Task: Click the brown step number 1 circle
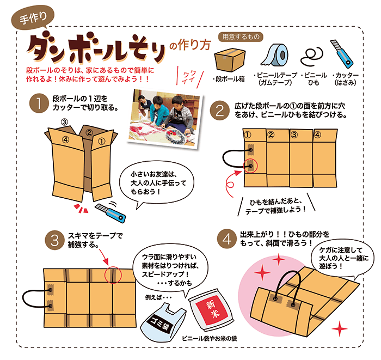coord(39,104)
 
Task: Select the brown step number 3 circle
coord(56,239)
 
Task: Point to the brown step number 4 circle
coord(226,239)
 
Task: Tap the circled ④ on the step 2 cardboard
coord(317,135)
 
